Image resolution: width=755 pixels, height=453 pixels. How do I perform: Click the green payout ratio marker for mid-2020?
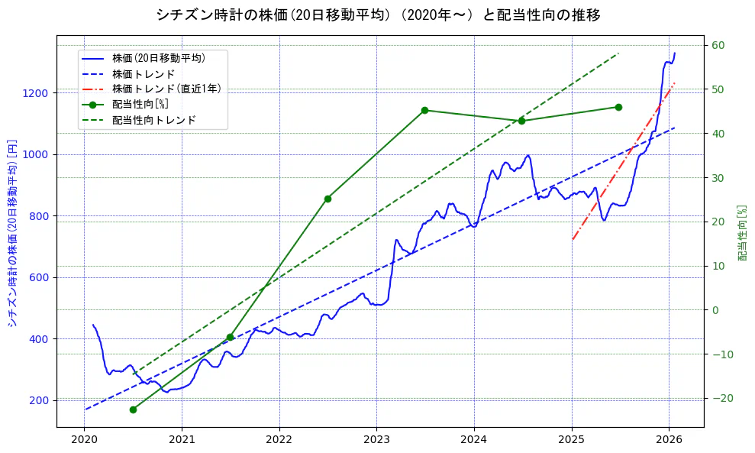click(x=133, y=409)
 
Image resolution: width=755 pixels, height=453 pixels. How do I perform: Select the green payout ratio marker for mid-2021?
click(x=230, y=337)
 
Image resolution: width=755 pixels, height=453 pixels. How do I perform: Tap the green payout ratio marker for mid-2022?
click(x=327, y=199)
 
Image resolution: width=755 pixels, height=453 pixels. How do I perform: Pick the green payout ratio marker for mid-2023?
click(x=424, y=110)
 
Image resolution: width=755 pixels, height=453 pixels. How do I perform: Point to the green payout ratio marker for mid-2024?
click(x=521, y=121)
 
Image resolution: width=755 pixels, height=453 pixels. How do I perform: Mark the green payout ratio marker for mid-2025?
click(x=618, y=107)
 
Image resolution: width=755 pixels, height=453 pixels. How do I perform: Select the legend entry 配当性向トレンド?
click(x=153, y=120)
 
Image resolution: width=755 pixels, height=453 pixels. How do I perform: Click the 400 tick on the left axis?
click(x=40, y=339)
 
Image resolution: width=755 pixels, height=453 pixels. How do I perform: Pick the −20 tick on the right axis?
click(x=721, y=398)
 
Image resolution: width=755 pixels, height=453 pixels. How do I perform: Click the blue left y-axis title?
click(x=12, y=233)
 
